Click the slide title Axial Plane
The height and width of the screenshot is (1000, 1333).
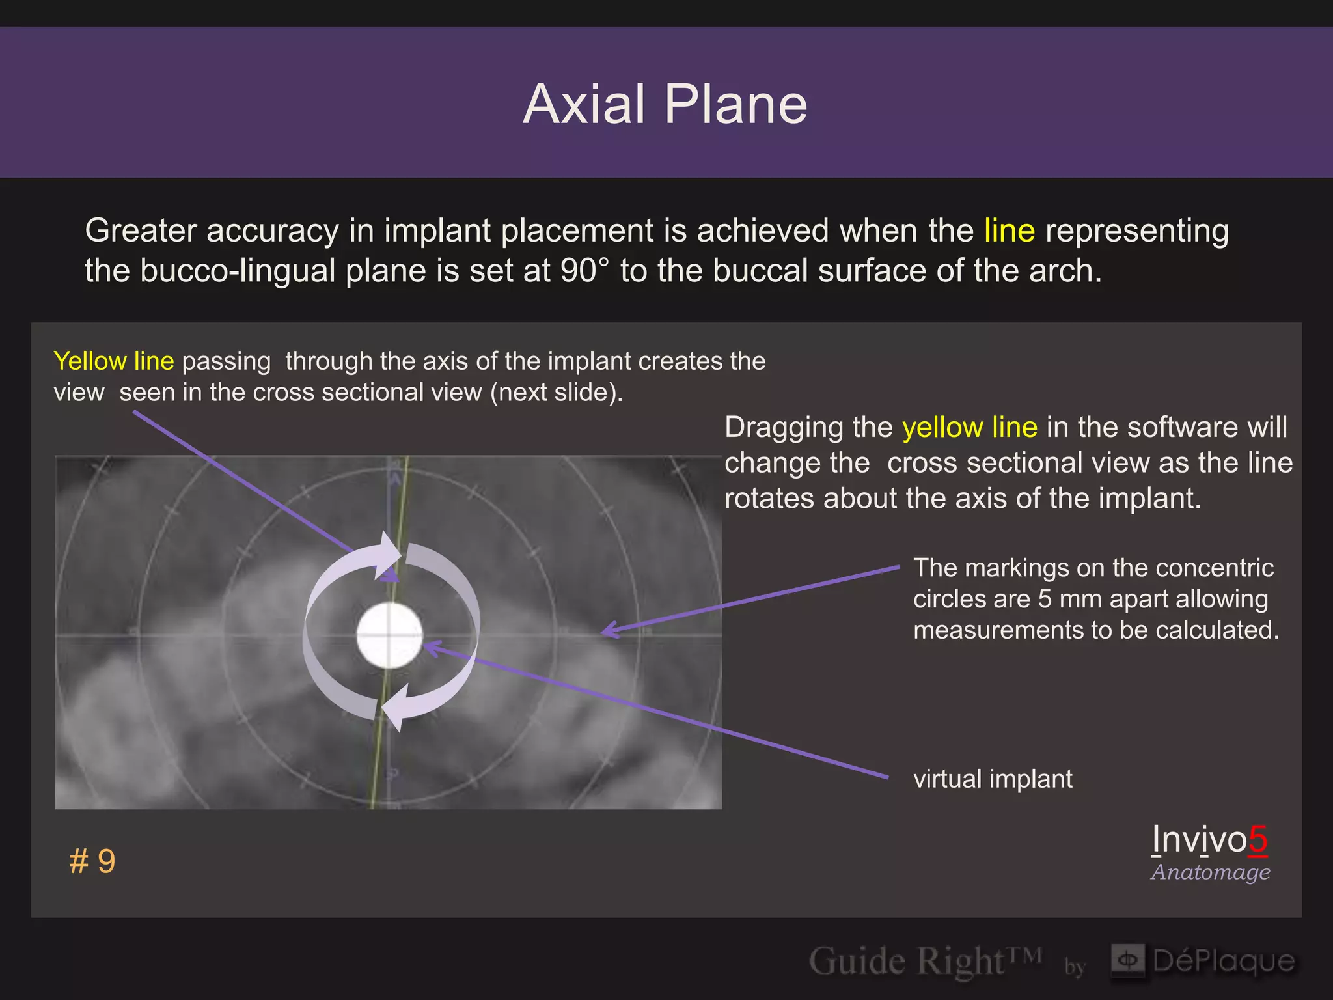point(665,105)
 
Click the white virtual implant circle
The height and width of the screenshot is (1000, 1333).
point(389,635)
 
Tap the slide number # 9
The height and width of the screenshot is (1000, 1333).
point(92,861)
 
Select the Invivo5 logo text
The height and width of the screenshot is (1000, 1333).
point(1209,839)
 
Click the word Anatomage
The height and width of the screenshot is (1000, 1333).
point(1210,872)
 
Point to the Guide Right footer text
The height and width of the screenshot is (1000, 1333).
point(924,961)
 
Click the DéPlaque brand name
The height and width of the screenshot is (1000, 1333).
point(1224,961)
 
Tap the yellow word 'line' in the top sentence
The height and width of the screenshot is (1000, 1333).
point(1009,230)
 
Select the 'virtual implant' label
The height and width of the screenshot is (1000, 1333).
point(993,779)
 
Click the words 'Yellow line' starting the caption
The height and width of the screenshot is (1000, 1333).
point(114,361)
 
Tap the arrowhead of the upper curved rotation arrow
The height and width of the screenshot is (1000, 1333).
point(391,553)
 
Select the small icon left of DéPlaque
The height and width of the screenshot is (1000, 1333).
point(1128,960)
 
